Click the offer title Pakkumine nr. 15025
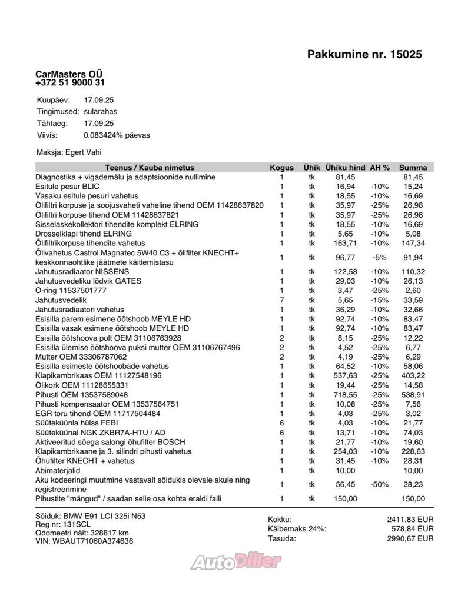click(x=364, y=55)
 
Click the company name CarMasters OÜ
click(x=69, y=75)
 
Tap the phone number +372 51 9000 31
click(x=71, y=84)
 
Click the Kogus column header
click(x=281, y=168)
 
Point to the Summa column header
click(x=412, y=168)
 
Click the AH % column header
click(x=380, y=168)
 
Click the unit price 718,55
click(x=346, y=394)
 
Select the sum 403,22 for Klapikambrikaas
click(x=412, y=375)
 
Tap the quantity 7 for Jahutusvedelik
click(x=281, y=300)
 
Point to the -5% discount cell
click(x=379, y=257)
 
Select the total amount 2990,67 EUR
click(x=410, y=538)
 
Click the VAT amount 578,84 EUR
click(x=412, y=529)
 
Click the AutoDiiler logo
click(x=235, y=561)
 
